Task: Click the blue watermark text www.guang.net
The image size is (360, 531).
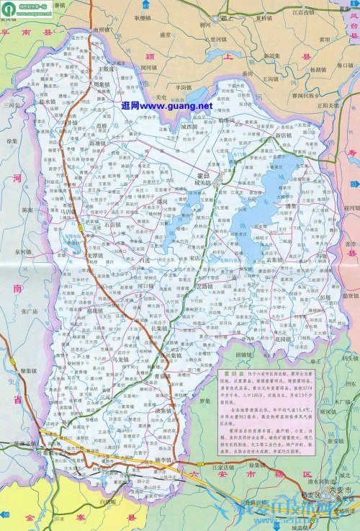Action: coord(167,106)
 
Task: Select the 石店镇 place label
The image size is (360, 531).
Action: coord(114,225)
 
